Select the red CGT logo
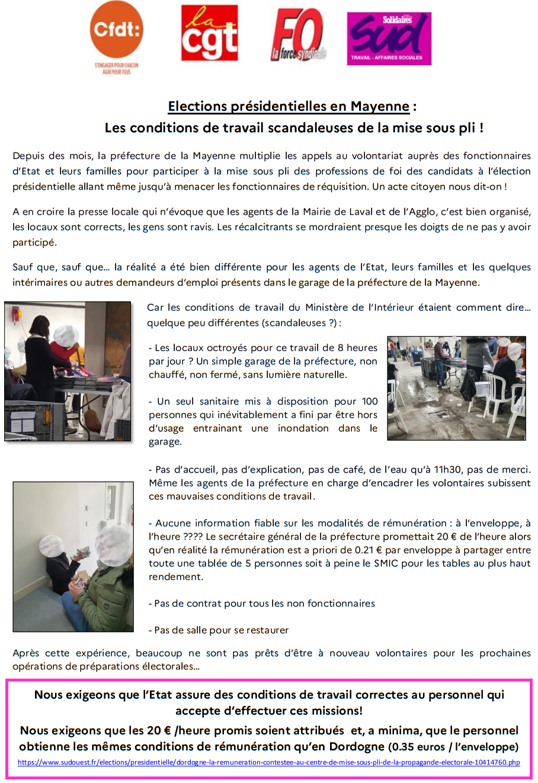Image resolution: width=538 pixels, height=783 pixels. coord(209,33)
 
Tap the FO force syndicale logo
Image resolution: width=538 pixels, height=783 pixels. coord(299,36)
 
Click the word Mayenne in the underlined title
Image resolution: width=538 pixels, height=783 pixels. coord(379,107)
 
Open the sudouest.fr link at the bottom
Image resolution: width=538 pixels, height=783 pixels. coord(268,762)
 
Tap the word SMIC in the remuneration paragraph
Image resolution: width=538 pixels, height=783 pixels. coord(386,564)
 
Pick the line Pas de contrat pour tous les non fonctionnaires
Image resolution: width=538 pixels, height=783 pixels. coord(261,603)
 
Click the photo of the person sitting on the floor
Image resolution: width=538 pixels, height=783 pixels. coord(73,556)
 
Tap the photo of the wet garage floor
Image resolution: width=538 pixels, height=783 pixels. coord(456,388)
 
